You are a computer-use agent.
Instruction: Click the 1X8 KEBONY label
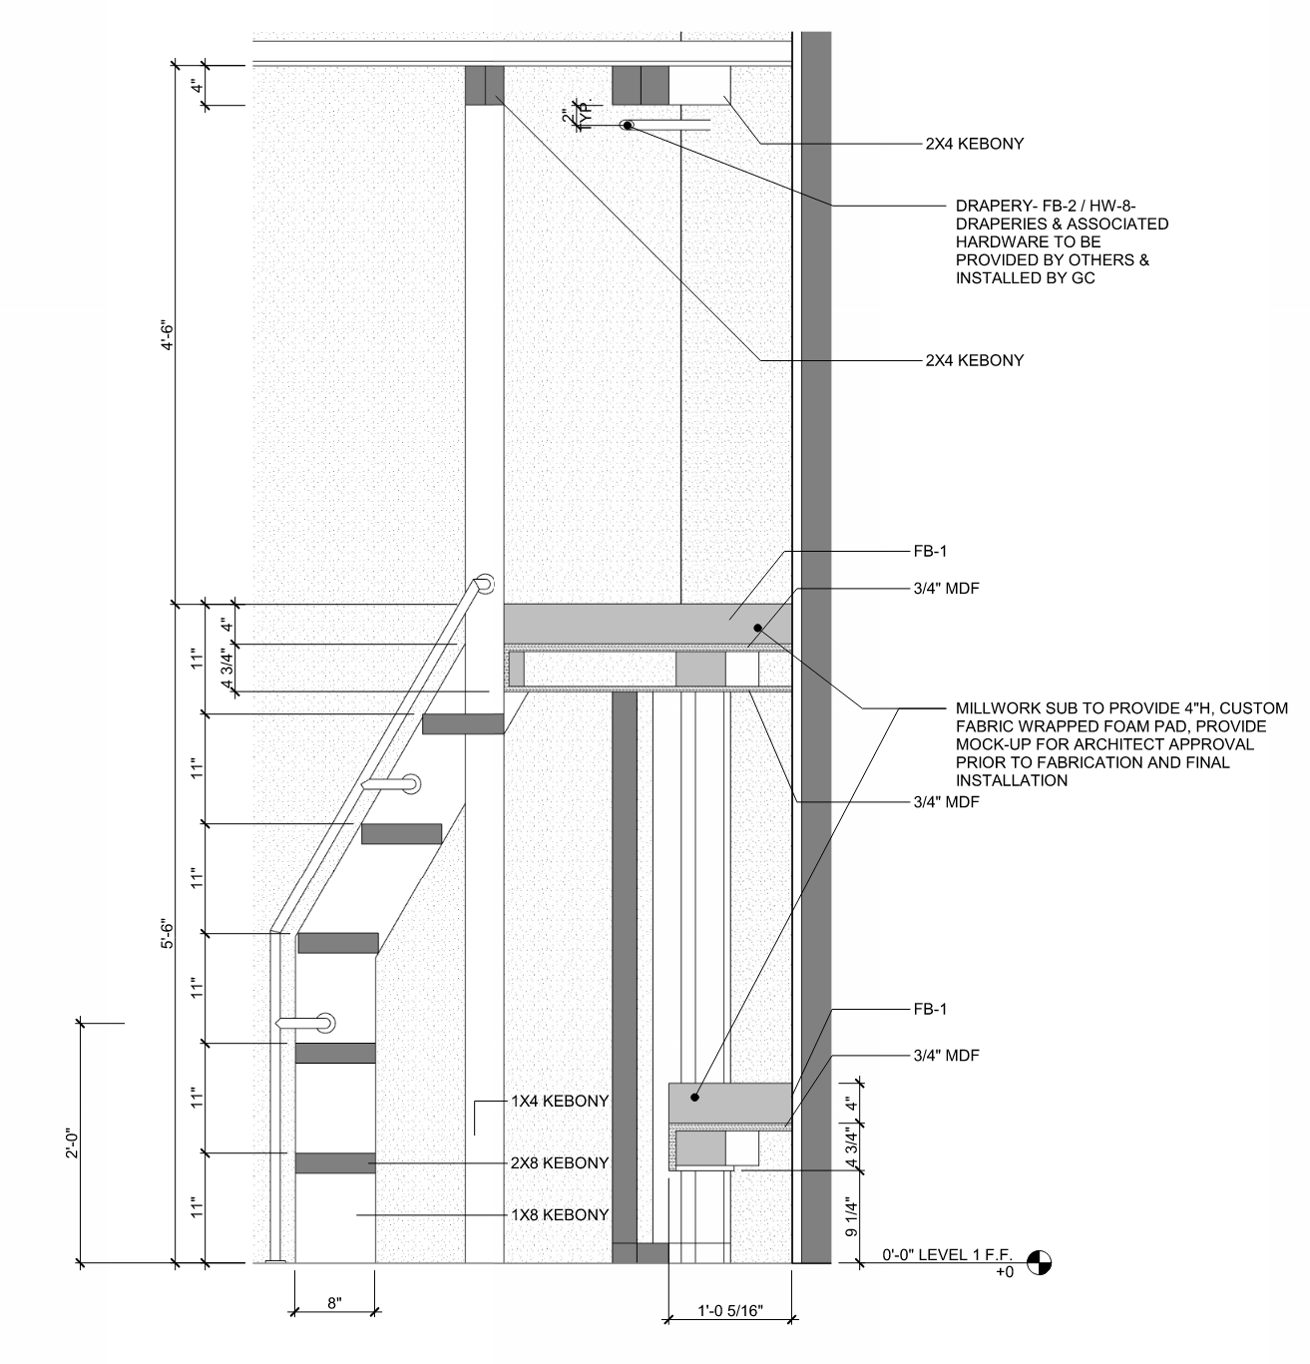point(560,1214)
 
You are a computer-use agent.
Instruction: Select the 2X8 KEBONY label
point(560,1162)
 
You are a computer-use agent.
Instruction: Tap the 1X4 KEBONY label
point(560,1101)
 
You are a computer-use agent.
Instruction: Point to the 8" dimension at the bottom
point(334,1302)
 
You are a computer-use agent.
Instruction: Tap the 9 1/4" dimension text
point(851,1217)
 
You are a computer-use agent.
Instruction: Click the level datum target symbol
point(1039,1263)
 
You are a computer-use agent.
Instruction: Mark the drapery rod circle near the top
point(628,126)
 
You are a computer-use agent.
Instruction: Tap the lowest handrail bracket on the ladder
point(324,1023)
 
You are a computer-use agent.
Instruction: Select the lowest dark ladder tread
point(335,1162)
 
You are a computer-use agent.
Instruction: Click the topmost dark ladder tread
point(462,723)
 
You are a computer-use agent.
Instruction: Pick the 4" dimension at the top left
point(198,86)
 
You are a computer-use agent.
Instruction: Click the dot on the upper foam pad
point(757,628)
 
